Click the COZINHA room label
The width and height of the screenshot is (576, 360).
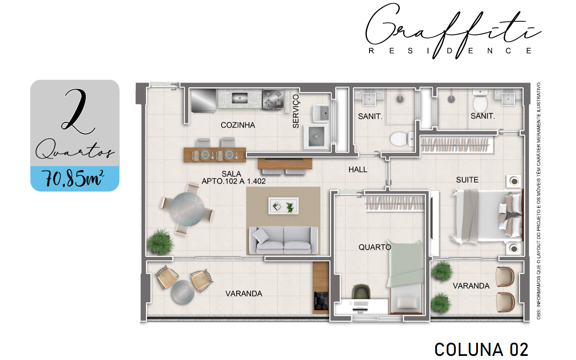(x=238, y=125)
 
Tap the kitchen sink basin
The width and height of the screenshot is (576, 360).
(x=240, y=98)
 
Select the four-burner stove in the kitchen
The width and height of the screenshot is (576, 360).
(x=273, y=99)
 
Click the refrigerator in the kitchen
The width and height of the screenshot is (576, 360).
(x=204, y=101)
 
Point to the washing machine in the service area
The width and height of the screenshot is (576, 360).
(x=316, y=137)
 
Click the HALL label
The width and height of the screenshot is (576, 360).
(x=358, y=170)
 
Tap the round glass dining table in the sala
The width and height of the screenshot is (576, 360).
(x=187, y=209)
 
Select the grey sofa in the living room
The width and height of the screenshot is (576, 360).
(x=284, y=240)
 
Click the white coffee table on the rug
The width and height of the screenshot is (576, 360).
(x=284, y=206)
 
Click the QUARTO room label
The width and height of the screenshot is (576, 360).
(x=374, y=247)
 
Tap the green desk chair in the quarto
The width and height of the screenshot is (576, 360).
(x=361, y=292)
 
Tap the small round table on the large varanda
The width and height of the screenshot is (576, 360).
(x=183, y=292)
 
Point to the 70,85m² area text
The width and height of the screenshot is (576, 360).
(x=74, y=178)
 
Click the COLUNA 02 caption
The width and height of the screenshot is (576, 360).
(x=481, y=349)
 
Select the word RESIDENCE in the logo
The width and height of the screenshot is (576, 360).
(x=450, y=51)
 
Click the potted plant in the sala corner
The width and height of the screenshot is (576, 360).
(x=161, y=241)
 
